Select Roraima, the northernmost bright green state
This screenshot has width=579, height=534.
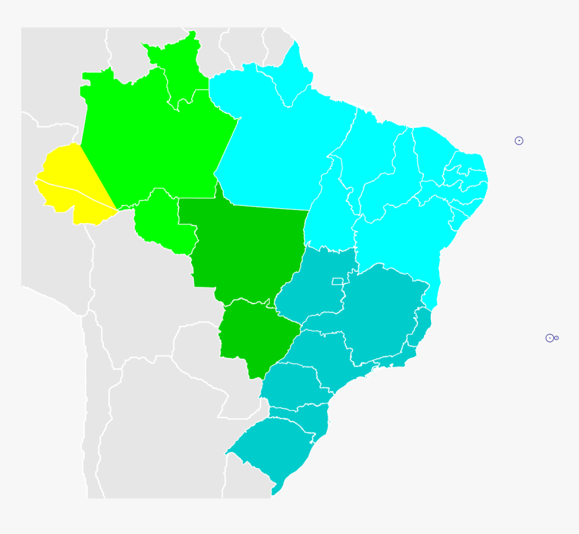click(x=177, y=67)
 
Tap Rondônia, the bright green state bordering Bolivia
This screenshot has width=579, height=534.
click(x=162, y=222)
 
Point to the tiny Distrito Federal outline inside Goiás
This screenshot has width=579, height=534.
click(x=337, y=281)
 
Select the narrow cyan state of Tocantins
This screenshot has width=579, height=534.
click(x=330, y=209)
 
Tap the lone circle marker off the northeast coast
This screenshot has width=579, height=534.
click(x=519, y=141)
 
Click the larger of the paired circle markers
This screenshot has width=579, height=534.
click(x=549, y=338)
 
